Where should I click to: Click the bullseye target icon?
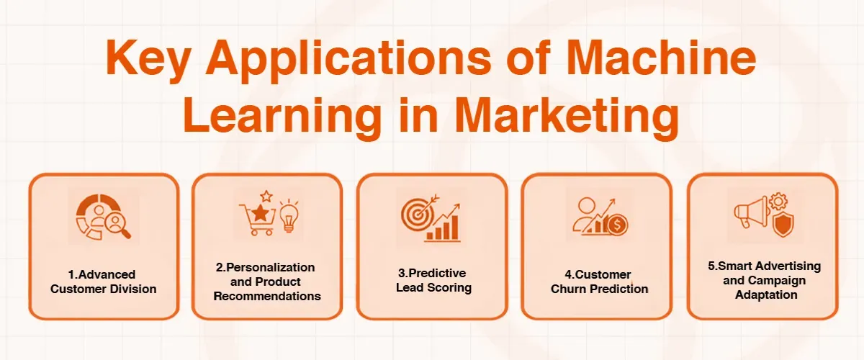pyautogui.click(x=415, y=213)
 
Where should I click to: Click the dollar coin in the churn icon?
pyautogui.click(x=616, y=225)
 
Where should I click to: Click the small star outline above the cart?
pyautogui.click(x=266, y=196)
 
